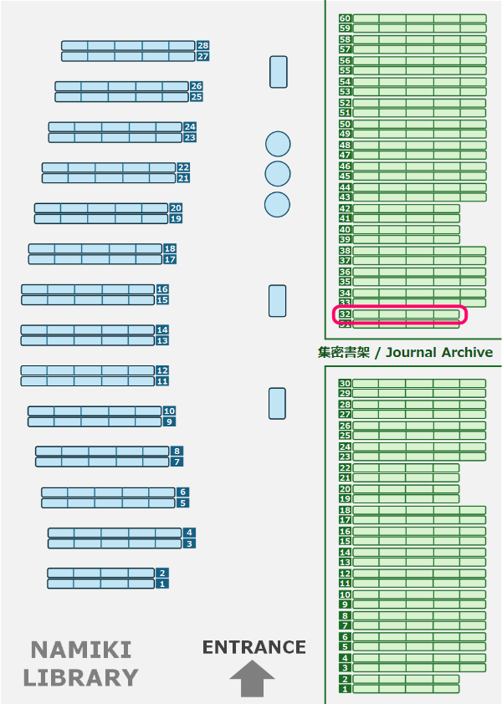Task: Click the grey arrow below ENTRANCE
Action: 253,678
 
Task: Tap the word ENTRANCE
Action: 254,647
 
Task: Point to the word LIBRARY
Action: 80,677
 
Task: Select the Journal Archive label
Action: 406,352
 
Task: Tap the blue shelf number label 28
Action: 202,45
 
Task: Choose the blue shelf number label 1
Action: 162,584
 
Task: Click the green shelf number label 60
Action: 345,18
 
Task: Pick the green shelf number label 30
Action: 345,383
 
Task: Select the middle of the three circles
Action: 277,174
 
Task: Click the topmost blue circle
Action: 278,144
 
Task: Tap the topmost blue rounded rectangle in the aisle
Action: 279,72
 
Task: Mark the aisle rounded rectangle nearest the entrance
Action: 277,403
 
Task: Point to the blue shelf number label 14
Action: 162,329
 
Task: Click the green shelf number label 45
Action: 345,176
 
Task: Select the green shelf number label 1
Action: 345,689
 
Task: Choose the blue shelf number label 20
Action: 176,207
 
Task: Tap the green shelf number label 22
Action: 345,467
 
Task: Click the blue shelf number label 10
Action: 169,411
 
